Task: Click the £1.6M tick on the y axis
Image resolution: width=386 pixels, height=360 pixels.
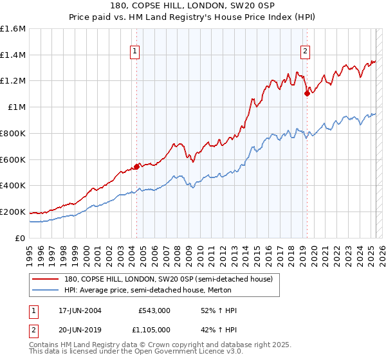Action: pyautogui.click(x=13, y=29)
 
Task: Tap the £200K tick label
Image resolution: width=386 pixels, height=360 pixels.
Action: pyautogui.click(x=13, y=212)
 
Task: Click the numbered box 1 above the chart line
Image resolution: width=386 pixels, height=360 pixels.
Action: pyautogui.click(x=136, y=53)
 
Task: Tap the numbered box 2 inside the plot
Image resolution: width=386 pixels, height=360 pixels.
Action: pyautogui.click(x=304, y=53)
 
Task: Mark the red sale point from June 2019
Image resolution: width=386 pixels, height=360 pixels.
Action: pyautogui.click(x=307, y=94)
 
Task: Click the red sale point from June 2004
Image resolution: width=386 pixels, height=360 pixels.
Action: pyautogui.click(x=137, y=167)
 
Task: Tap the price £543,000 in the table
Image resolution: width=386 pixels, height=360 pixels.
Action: pyautogui.click(x=154, y=310)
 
